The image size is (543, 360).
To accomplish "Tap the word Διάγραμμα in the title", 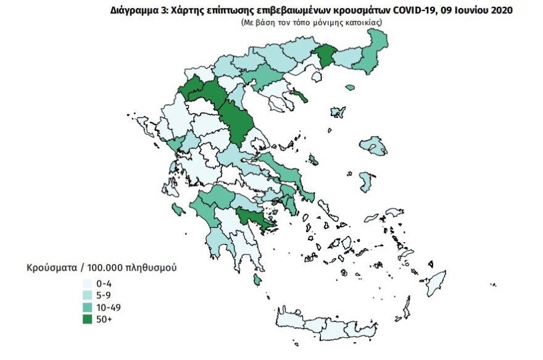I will (134, 10).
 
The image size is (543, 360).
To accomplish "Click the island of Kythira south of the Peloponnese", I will (257, 280).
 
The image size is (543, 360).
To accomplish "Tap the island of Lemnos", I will (338, 112).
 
